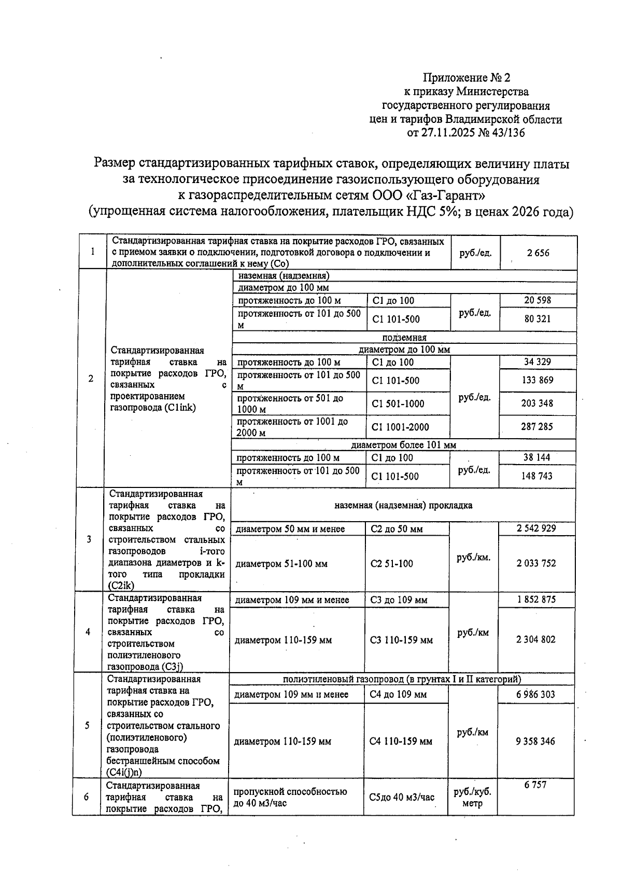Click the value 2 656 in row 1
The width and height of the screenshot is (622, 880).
point(538,253)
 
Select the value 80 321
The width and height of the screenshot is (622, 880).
point(538,319)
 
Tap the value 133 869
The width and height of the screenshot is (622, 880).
point(538,380)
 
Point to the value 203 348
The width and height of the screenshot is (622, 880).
point(537,403)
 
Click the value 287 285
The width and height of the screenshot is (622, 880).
point(537,427)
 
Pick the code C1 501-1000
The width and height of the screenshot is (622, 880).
point(398,404)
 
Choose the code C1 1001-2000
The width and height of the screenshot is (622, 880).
point(401,427)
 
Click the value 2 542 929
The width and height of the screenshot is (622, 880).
point(536,528)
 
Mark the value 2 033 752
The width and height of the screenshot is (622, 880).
point(536,563)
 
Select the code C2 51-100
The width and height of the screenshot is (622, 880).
point(391,564)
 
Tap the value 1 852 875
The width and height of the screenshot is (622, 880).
point(536,599)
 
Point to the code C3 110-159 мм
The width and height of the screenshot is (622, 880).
point(401,640)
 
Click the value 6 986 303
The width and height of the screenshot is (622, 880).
point(535,694)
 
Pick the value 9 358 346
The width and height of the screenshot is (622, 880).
point(535,742)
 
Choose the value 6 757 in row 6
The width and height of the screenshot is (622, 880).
point(535,785)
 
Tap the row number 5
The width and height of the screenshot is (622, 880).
point(87,725)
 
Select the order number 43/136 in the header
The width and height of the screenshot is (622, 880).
point(507,133)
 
